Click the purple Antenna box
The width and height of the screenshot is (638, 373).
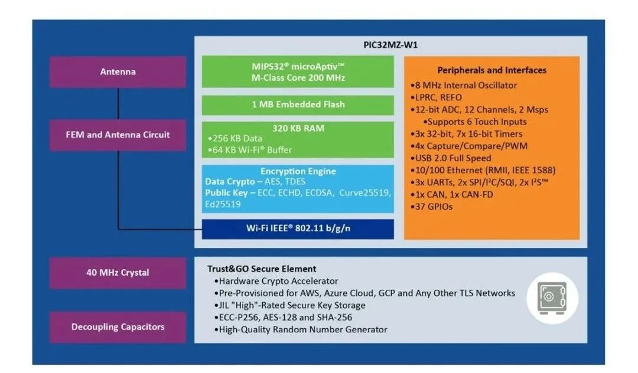pyautogui.click(x=118, y=72)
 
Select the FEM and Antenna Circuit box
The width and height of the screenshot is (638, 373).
pyautogui.click(x=118, y=135)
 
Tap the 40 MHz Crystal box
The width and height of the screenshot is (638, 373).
pyautogui.click(x=118, y=273)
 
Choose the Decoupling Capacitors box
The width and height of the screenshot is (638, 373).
pyautogui.click(x=118, y=327)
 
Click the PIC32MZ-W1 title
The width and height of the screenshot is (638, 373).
pyautogui.click(x=390, y=45)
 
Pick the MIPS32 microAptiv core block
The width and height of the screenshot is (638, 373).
pyautogui.click(x=298, y=72)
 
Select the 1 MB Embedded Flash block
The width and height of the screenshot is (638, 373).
pyautogui.click(x=298, y=104)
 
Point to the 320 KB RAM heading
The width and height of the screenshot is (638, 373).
pyautogui.click(x=298, y=127)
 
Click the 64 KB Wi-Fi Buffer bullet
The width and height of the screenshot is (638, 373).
pyautogui.click(x=252, y=150)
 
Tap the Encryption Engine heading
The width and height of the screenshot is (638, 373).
pyautogui.click(x=298, y=171)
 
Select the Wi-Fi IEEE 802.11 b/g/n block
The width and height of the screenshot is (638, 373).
pyautogui.click(x=298, y=229)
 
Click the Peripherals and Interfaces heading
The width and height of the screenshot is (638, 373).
pyautogui.click(x=491, y=70)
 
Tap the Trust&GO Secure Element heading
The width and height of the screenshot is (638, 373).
pyautogui.click(x=262, y=269)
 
